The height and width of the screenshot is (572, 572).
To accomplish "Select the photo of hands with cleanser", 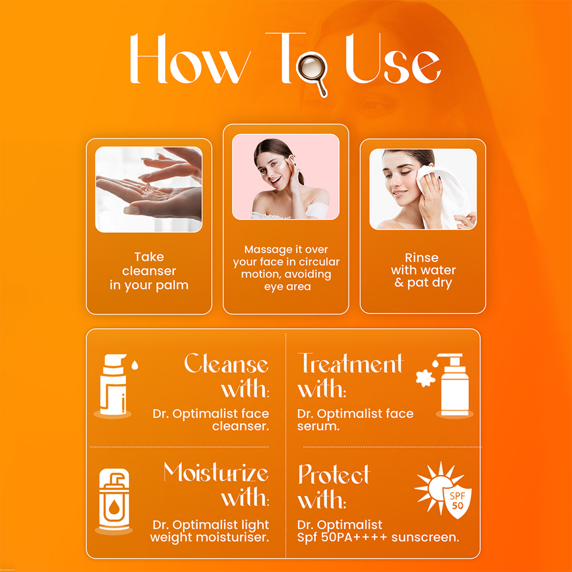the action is (149, 189).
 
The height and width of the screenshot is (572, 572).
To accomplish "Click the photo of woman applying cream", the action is (285, 177).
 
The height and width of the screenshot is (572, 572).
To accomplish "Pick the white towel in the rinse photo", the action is (443, 195).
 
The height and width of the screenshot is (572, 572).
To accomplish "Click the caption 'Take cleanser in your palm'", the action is (149, 271).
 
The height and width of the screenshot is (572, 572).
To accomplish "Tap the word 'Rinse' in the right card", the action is (422, 257).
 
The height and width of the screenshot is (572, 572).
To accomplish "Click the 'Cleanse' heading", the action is (226, 363).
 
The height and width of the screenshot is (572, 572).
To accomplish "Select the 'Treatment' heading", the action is (350, 363).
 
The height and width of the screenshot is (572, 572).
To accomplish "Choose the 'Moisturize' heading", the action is (216, 472).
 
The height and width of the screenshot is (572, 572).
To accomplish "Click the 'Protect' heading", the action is (334, 474).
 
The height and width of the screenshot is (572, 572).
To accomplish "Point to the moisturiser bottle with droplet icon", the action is (114, 499).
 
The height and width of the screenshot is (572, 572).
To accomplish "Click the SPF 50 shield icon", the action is (457, 500).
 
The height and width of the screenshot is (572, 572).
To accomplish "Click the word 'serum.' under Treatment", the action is (318, 426).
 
